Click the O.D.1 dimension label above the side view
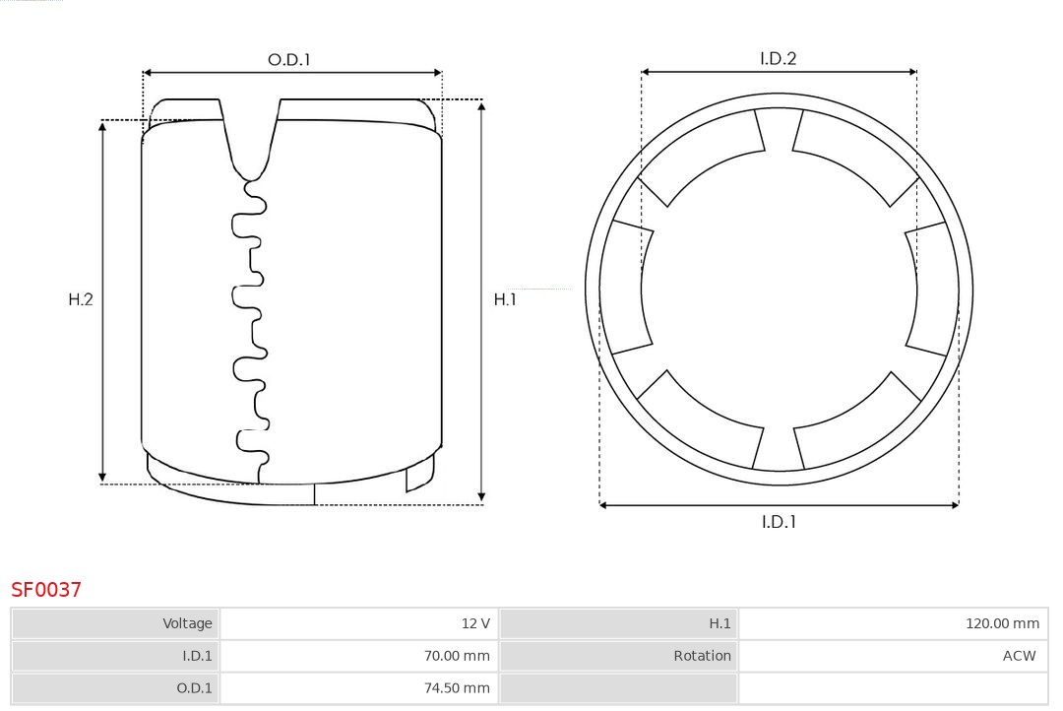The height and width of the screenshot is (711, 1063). (288, 60)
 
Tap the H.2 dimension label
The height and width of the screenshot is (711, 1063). (81, 299)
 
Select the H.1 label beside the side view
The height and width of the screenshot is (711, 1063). (505, 299)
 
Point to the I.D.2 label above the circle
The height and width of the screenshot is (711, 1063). (779, 58)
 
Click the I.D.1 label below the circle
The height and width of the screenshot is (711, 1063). (779, 522)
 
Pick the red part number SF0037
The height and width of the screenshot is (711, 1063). (46, 590)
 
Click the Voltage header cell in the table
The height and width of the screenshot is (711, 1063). (115, 623)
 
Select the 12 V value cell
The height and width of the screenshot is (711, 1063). (359, 623)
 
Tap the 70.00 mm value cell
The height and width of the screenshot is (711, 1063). (359, 656)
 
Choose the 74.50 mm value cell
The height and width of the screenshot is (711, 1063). (359, 688)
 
